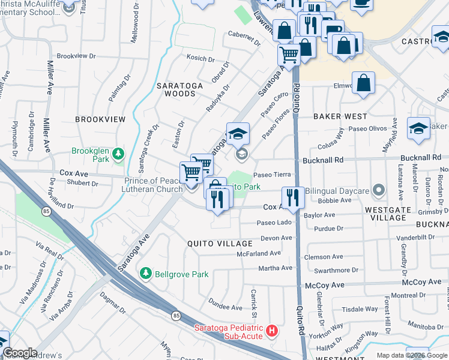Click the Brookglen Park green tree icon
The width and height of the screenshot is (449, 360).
click(x=119, y=155)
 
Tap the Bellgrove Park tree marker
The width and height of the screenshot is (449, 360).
click(x=145, y=274)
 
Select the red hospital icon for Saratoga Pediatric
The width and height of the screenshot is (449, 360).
click(x=272, y=331)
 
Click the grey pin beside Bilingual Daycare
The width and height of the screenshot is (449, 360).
click(x=378, y=191)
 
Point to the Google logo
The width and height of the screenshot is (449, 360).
click(x=20, y=353)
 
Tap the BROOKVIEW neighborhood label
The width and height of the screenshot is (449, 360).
click(x=100, y=119)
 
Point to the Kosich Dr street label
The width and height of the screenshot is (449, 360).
click(x=201, y=59)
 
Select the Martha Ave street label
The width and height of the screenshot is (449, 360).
click(x=276, y=268)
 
